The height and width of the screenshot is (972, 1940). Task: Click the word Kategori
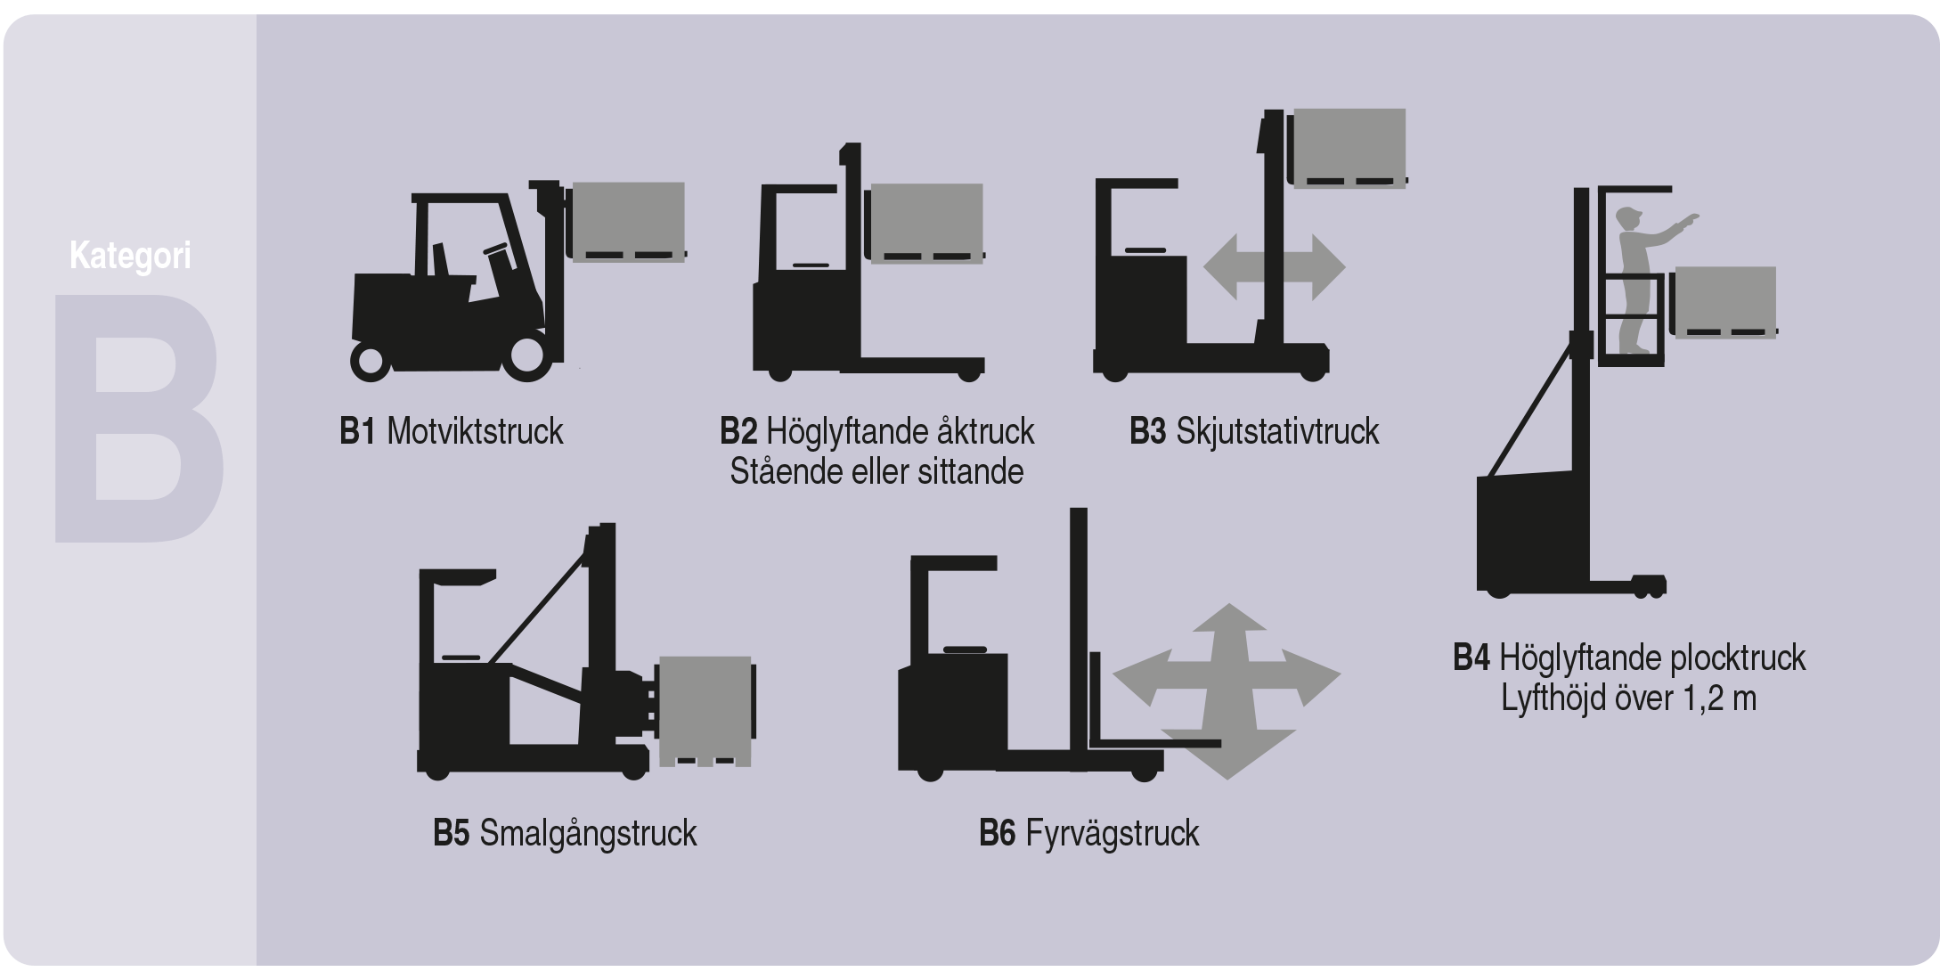coord(130,257)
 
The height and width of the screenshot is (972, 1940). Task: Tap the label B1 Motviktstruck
coord(452,432)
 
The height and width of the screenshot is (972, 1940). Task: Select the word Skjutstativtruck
coord(1277,432)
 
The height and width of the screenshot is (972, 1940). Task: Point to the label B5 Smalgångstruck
coord(565,834)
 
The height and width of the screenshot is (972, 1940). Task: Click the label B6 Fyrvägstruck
coord(1088,834)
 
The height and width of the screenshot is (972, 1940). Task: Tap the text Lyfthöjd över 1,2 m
coord(1629,698)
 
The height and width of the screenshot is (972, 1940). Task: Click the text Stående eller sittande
coord(876,472)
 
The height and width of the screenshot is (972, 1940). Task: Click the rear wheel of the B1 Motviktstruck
coord(369,361)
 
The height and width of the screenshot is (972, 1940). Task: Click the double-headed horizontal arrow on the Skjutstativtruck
coord(1274,267)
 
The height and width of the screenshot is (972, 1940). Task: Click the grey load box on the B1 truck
coord(629,221)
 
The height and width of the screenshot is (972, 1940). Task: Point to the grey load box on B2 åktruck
coord(927,223)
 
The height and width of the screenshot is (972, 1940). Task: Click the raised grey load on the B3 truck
coord(1349,148)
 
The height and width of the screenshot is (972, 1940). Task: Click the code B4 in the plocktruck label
coord(1471,658)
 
